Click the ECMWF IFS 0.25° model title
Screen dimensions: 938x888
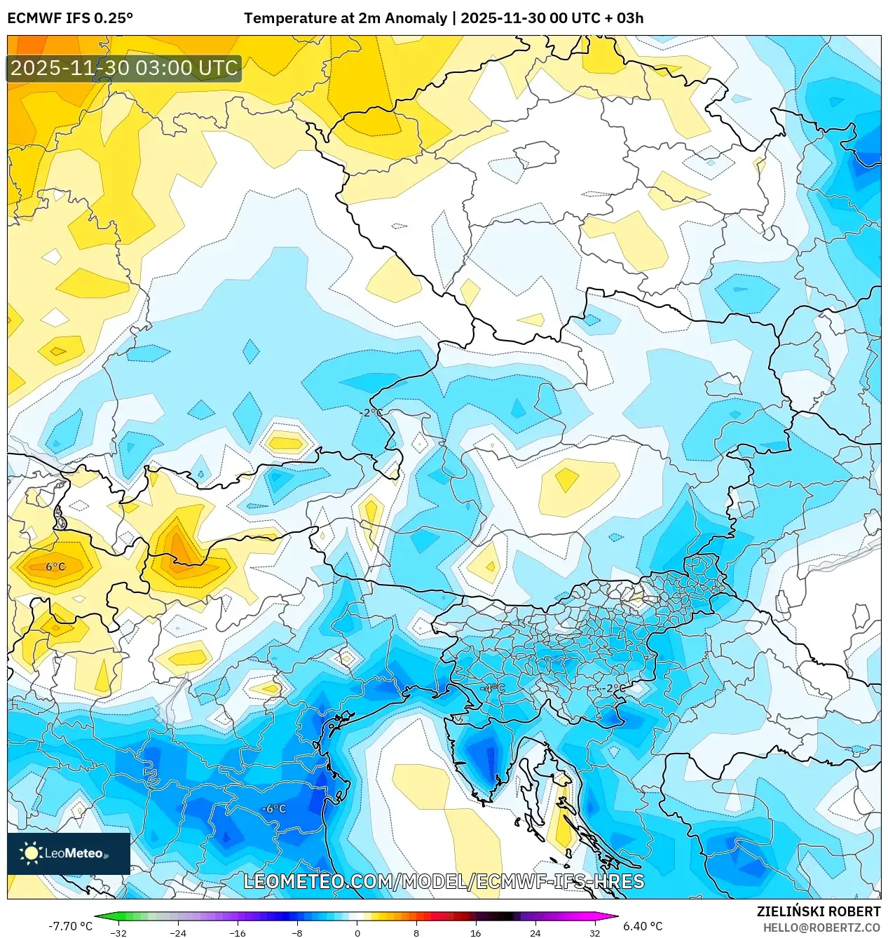point(70,18)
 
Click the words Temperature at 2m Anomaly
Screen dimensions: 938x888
point(345,18)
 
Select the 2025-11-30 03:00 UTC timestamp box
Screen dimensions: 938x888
point(124,69)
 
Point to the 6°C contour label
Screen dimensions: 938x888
point(55,566)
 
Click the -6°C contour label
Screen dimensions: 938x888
point(274,808)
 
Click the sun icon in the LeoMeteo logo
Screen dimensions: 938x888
point(31,853)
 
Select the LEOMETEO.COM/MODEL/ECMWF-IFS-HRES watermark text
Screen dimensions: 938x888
point(444,881)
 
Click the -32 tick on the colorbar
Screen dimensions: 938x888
point(119,932)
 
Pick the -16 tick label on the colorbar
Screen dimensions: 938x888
point(238,932)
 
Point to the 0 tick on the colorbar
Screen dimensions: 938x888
point(357,932)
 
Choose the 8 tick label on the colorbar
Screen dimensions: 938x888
point(416,932)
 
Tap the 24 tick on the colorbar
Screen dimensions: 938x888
point(535,932)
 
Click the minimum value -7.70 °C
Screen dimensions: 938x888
point(70,925)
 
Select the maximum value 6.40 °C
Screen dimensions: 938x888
point(643,925)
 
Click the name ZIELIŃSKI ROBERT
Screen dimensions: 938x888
point(818,911)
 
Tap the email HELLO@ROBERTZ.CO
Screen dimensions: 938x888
point(821,927)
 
